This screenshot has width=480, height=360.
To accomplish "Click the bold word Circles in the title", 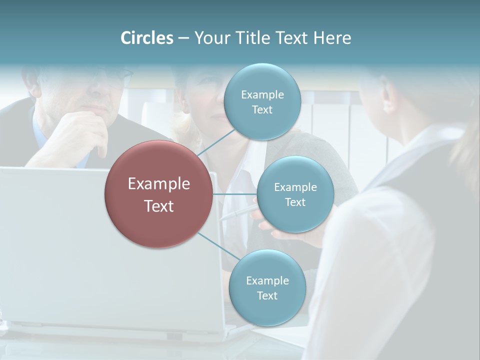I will coord(147,38).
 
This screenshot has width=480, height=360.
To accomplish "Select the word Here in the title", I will coord(332,38).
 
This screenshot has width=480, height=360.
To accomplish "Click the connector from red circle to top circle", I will coord(216,143).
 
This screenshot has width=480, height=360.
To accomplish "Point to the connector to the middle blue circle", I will coord(235,193).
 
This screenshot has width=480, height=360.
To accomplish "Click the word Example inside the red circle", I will coord(159,184).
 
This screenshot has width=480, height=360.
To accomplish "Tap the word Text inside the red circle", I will coord(159,206).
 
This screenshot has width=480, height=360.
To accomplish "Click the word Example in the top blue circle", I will coord(262,95).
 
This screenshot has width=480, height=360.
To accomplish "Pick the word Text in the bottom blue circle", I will coord(267,296).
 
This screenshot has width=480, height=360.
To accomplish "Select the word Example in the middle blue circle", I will coord(295,187).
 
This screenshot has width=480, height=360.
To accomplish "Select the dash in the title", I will coord(183,38).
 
